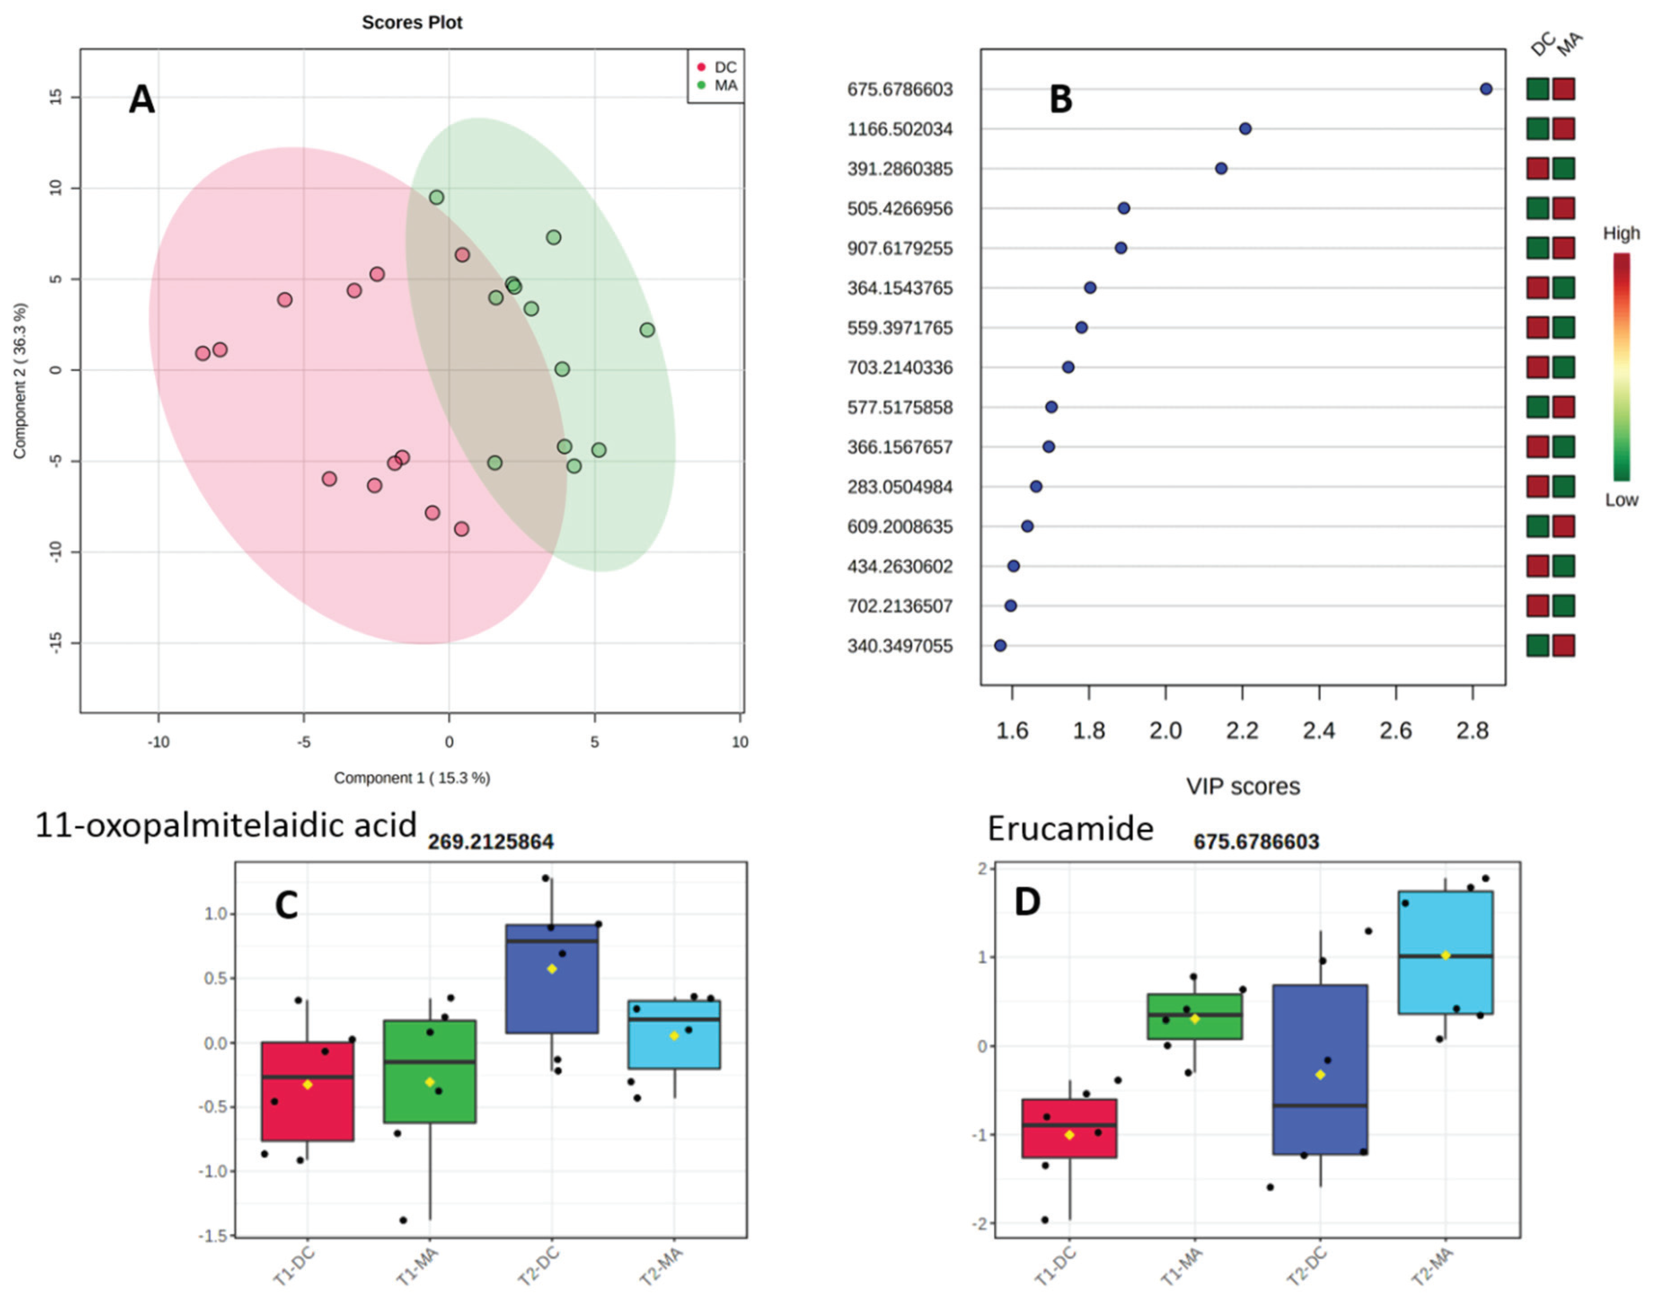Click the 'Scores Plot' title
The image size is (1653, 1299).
coord(411,23)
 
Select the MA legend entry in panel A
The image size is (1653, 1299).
coord(725,86)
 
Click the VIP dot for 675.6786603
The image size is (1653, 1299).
coord(1485,89)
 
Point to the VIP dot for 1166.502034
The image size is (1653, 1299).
coord(1245,128)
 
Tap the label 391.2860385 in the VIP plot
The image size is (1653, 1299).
coord(899,169)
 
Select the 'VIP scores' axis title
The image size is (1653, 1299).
coord(1243,786)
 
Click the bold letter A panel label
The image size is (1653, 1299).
coord(141,100)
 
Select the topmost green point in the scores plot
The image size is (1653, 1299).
coord(436,198)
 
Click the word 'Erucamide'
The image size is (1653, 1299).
coord(1070,828)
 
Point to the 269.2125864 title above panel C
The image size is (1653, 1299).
coord(490,842)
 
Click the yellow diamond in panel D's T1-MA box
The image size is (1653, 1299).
coord(1195,1018)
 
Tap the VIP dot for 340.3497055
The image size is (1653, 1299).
coord(1000,646)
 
